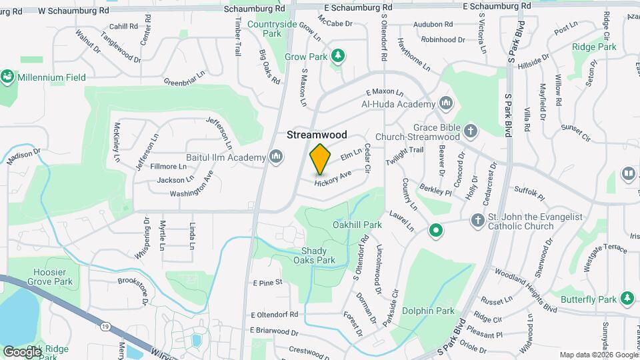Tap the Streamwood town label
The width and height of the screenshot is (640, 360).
pyautogui.click(x=317, y=135)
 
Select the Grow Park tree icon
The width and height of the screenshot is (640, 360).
pyautogui.click(x=338, y=56)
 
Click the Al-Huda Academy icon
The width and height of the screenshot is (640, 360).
pyautogui.click(x=446, y=104)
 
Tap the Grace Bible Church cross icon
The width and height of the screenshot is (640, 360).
pyautogui.click(x=471, y=130)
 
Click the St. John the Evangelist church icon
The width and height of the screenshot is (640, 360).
pyautogui.click(x=477, y=220)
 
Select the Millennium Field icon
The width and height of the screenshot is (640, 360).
pyautogui.click(x=8, y=77)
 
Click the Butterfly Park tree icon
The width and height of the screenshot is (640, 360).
pyautogui.click(x=626, y=298)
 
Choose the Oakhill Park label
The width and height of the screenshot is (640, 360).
pyautogui.click(x=357, y=225)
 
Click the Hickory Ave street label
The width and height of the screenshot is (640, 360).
pyautogui.click(x=333, y=178)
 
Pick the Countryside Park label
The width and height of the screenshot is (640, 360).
pyautogui.click(x=272, y=28)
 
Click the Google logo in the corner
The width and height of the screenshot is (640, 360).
pyautogui.click(x=22, y=351)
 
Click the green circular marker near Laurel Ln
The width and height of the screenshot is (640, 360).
pyautogui.click(x=436, y=231)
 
